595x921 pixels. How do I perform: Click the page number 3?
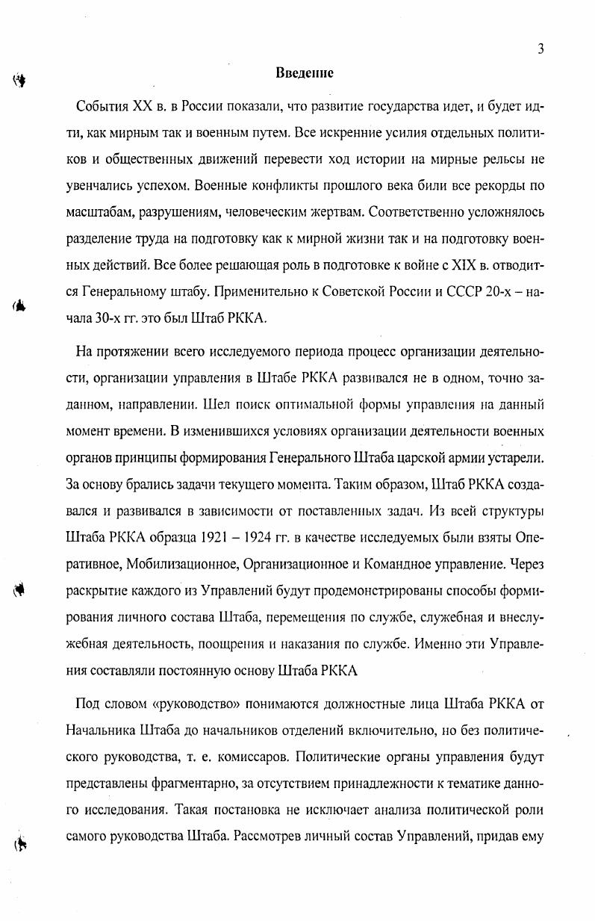coord(540,49)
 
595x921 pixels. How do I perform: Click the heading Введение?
coord(304,73)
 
